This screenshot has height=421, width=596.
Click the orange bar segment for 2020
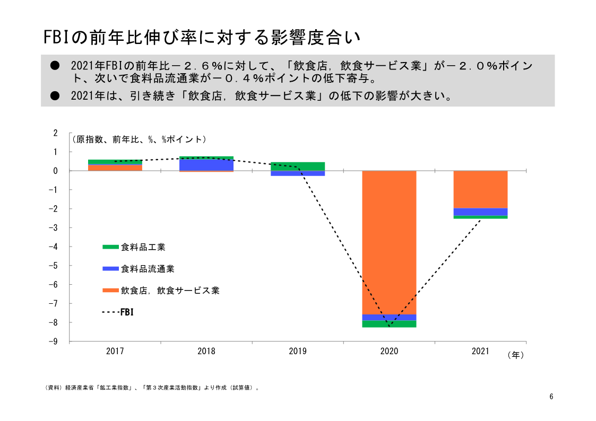[389, 242]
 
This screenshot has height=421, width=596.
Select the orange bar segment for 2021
[480, 189]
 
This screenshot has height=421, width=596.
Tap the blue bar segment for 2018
[206, 164]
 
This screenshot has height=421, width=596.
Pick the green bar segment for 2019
[298, 166]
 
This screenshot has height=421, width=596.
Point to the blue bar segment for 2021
[480, 212]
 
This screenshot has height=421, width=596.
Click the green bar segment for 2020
[389, 324]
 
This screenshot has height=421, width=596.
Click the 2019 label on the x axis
[298, 351]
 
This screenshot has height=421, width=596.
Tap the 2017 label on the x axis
[115, 351]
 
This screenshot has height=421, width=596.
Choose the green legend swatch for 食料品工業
[110, 247]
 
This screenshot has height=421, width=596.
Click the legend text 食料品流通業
[148, 269]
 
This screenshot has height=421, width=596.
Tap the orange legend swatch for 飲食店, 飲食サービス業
[110, 291]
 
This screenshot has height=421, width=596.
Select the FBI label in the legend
[127, 312]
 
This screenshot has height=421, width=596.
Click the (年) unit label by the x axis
[515, 355]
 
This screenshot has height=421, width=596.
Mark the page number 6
[551, 397]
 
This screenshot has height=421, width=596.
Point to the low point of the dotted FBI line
[389, 327]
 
